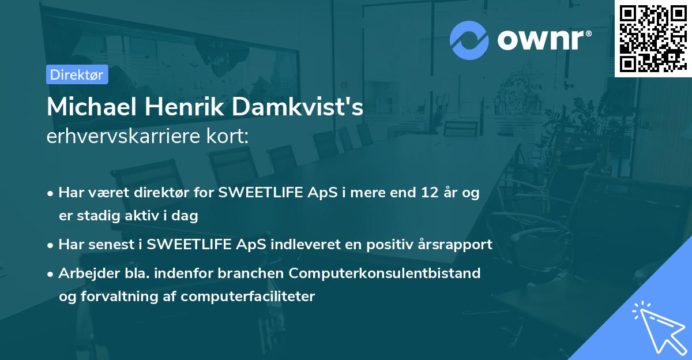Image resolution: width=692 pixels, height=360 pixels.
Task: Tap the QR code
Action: (x=653, y=38)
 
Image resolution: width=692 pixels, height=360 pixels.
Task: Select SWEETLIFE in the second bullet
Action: (x=187, y=244)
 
